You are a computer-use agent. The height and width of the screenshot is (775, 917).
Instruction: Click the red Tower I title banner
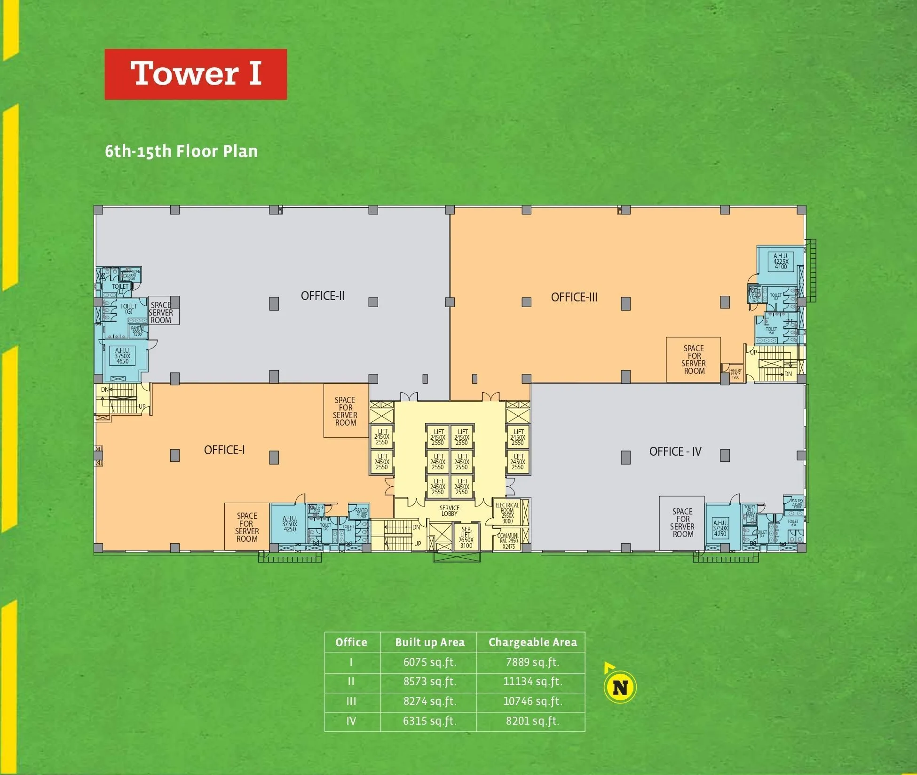196,74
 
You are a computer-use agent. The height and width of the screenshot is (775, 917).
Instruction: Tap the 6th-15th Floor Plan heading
181,151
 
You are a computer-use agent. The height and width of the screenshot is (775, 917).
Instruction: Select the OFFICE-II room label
323,296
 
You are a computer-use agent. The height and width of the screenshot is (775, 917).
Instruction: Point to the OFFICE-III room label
574,297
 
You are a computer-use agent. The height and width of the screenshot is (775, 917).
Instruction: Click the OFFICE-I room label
224,450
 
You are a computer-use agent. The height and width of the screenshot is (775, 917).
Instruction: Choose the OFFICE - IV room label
675,451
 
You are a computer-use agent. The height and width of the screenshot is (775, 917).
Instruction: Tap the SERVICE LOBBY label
449,511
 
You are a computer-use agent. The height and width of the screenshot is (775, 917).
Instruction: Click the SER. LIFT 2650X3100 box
466,537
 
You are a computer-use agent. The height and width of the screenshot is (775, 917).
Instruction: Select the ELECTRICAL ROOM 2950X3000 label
507,513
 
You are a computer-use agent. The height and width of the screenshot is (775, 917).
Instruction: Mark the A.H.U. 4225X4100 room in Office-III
781,261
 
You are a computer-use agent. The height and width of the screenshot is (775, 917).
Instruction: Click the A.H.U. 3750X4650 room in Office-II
122,356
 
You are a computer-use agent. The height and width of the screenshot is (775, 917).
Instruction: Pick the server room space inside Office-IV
682,522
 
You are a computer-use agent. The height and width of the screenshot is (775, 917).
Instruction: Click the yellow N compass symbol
620,688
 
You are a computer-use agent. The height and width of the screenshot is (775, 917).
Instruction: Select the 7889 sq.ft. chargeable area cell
532,662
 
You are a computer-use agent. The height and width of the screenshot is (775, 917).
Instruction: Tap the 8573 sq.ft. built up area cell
430,682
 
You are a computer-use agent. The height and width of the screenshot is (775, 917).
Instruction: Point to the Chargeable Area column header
532,642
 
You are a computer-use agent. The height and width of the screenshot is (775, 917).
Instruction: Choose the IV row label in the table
351,721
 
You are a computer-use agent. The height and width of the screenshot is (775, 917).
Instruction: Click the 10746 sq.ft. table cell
532,701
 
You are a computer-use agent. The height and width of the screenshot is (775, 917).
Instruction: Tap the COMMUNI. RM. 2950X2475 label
508,541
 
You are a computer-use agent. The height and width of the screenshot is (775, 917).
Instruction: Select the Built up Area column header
430,642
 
